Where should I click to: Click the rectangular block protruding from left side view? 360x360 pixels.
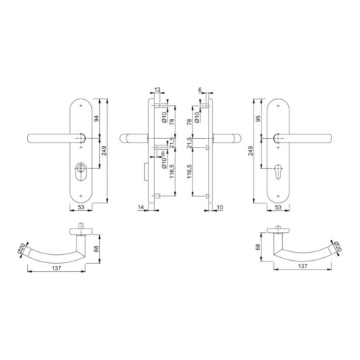click(x=142, y=174)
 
